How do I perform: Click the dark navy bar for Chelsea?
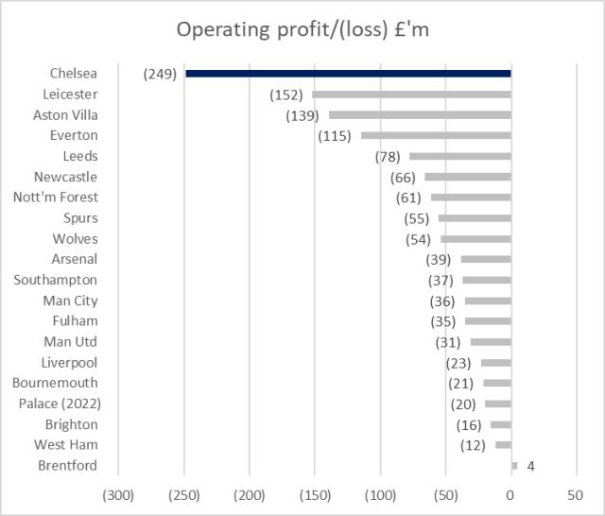348,74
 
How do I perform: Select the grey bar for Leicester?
411,95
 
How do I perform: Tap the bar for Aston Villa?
420,115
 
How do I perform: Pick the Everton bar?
436,136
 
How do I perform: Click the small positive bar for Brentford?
514,465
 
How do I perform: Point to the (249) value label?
161,74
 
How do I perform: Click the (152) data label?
286,95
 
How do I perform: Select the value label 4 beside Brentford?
531,465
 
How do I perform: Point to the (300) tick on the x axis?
118,495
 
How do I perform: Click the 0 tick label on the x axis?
510,495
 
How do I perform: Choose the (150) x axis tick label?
315,495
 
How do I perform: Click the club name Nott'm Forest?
56,198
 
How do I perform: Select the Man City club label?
70,301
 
